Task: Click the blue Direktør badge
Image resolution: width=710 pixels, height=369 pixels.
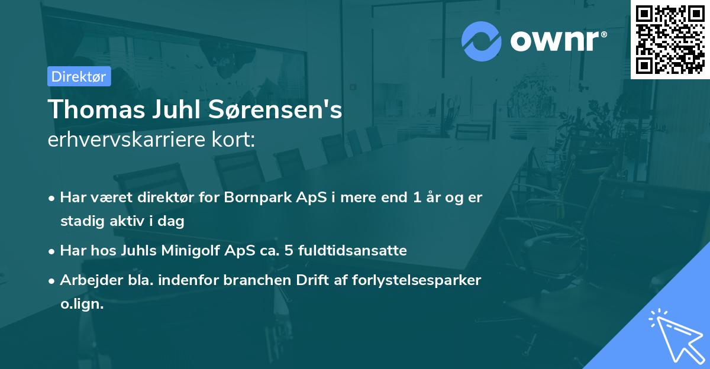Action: point(79,76)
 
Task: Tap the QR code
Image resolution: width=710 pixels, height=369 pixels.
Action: point(670,40)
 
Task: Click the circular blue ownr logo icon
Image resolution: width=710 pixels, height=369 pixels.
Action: point(481,41)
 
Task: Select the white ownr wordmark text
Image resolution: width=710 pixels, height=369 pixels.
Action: point(554,41)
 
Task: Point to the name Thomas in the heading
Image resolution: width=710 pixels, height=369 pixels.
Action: point(96,109)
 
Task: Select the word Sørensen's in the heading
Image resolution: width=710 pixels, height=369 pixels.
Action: point(275,109)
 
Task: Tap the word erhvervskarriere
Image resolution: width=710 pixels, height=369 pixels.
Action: point(127,140)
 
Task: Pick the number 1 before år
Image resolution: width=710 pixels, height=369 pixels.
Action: point(417,198)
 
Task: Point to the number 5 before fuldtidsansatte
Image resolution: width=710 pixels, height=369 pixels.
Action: point(289,251)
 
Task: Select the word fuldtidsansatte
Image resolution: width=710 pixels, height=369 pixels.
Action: point(353,251)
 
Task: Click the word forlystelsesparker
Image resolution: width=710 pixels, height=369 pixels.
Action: point(417,280)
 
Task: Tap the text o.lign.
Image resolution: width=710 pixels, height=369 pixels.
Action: point(82,304)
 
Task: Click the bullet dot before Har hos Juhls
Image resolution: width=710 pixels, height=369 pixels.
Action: point(51,252)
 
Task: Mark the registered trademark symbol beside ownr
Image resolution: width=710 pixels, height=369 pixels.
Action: point(603,34)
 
